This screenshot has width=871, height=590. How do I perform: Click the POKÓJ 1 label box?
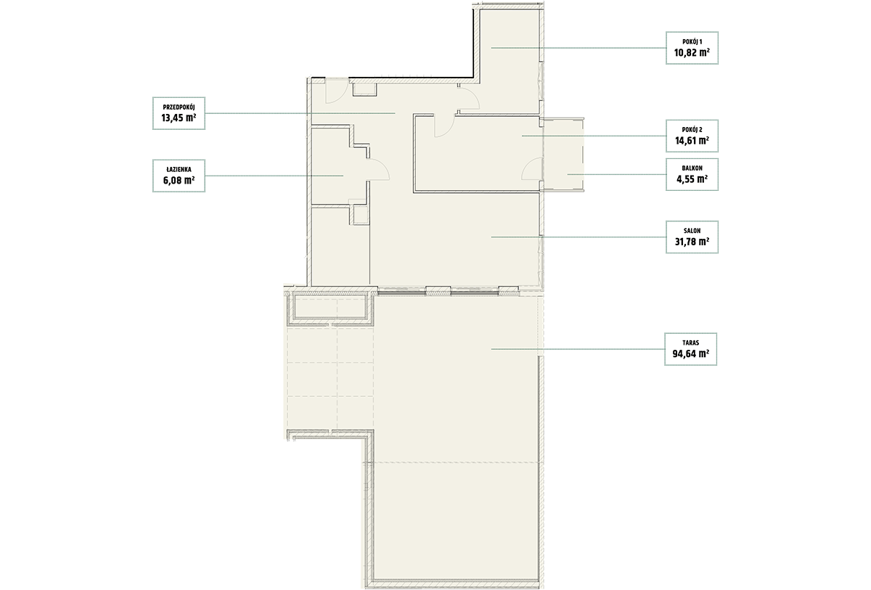tap(692, 48)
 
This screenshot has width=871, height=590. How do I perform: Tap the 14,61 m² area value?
tap(692, 140)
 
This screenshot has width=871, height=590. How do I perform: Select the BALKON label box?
tap(692, 174)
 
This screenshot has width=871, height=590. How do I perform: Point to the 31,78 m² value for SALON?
tap(692, 242)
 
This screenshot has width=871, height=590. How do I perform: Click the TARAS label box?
tap(690, 349)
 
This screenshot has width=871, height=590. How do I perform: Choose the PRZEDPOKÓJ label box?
tap(179, 113)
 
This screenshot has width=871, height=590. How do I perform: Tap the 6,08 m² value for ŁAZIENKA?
tap(179, 181)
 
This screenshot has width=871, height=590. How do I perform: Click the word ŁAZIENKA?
tap(179, 170)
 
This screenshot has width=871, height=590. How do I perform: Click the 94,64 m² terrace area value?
tap(690, 353)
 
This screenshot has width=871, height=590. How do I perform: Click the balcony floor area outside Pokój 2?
tap(563, 155)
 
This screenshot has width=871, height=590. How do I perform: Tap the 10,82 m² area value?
tap(692, 52)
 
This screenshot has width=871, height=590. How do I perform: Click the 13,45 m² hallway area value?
tap(179, 118)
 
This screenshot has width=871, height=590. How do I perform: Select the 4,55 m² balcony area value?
tap(692, 179)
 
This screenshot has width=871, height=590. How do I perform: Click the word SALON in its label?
tap(692, 231)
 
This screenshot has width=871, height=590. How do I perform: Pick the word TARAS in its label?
tap(690, 343)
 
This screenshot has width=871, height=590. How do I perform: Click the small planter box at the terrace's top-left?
tap(330, 308)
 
